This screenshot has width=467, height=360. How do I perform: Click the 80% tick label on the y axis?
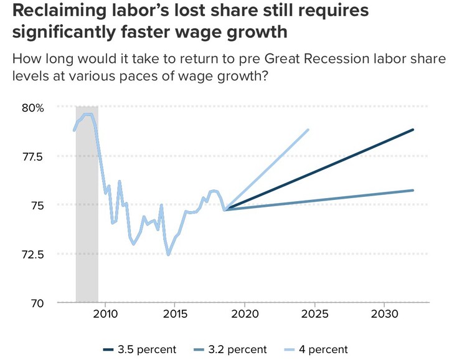tap(32, 107)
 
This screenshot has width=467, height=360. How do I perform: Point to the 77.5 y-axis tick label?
tap(31, 156)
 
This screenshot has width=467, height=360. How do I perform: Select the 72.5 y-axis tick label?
tap(31, 254)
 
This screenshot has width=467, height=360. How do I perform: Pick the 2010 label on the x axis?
tap(105, 313)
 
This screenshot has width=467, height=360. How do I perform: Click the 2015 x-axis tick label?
tap(174, 313)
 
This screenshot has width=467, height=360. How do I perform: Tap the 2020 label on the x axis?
tap(245, 313)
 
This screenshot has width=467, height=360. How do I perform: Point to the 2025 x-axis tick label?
tap(314, 313)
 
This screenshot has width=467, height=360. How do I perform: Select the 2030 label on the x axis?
tap(384, 313)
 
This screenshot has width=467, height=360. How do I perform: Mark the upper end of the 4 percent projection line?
tap(308, 130)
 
